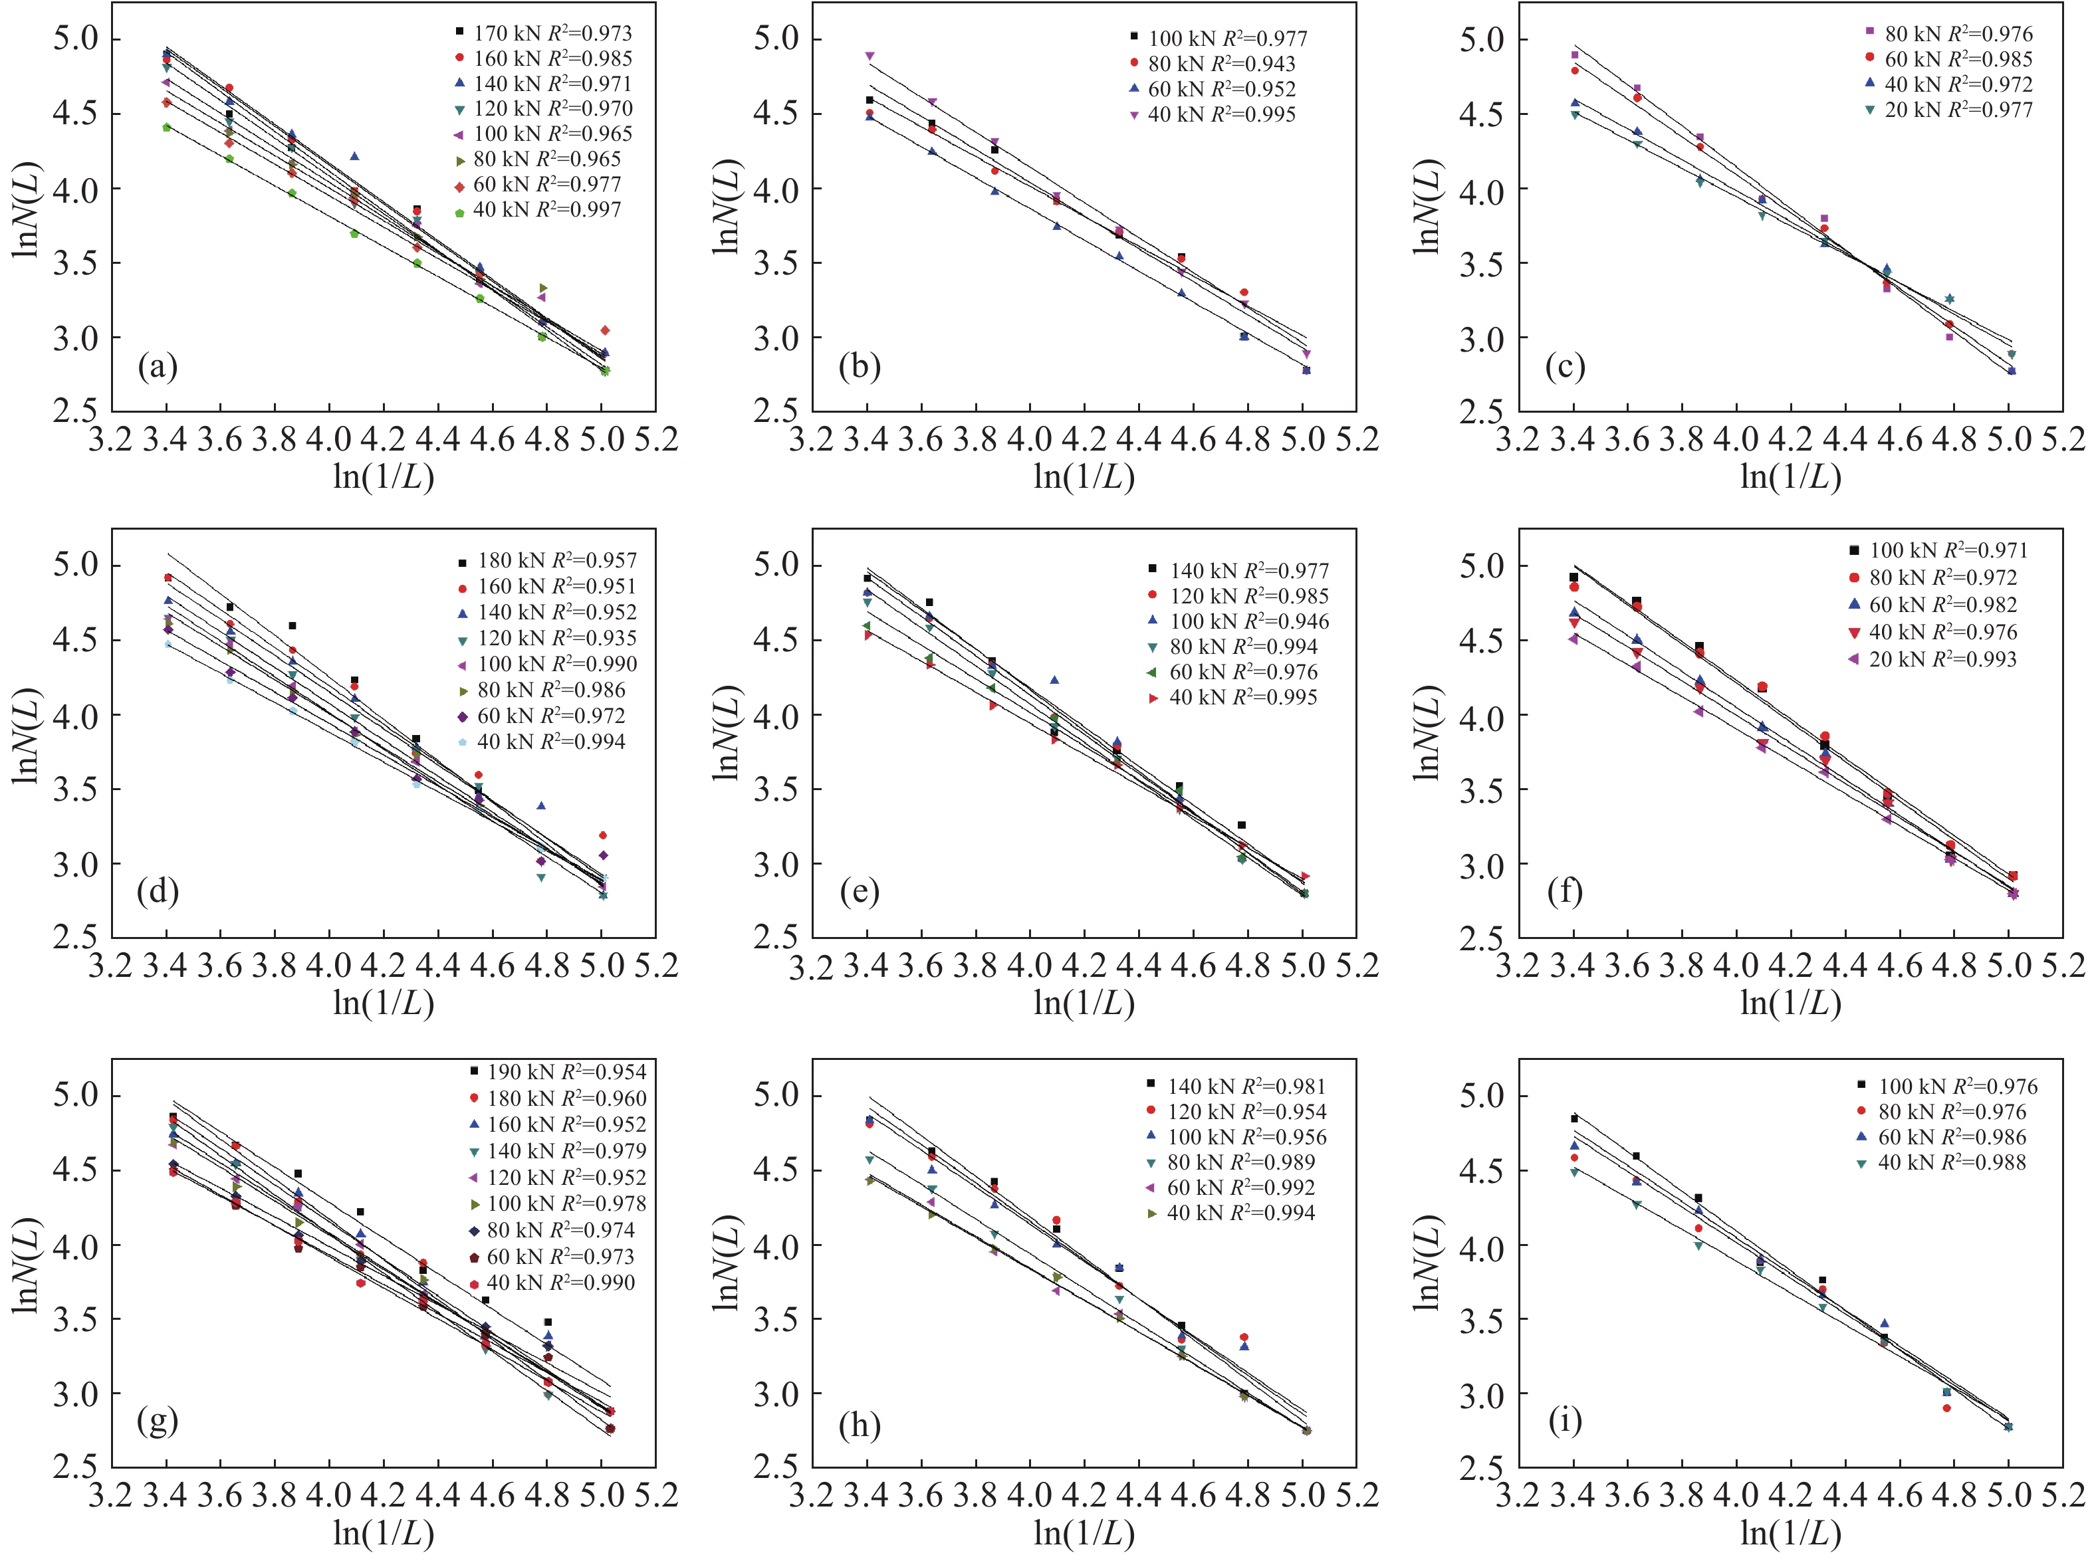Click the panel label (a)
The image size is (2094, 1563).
157,366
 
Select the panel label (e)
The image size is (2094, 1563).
859,891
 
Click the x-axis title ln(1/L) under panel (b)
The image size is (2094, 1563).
1084,476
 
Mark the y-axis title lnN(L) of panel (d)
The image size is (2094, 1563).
27,736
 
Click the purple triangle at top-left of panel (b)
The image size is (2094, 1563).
870,56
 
